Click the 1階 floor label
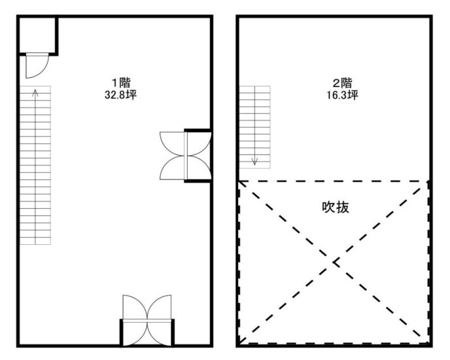pos(121,83)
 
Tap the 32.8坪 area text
pos(120,94)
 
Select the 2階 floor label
pos(342,83)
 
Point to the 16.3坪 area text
pos(342,94)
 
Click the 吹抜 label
pos(336,207)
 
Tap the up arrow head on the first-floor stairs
pos(35,92)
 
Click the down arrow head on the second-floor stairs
pos(255,162)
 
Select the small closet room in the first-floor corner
pos(37,35)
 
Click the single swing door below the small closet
pos(37,65)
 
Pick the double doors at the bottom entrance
pos(147,319)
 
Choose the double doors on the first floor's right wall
pos(186,156)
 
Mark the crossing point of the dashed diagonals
pos(334,262)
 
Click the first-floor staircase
pos(35,165)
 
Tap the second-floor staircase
pos(255,127)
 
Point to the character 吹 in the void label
pos(328,207)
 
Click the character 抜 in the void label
pos(343,207)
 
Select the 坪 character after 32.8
pos(131,94)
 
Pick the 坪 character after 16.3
pos(354,94)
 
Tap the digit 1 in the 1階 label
pos(115,83)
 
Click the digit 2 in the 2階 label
pos(336,83)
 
